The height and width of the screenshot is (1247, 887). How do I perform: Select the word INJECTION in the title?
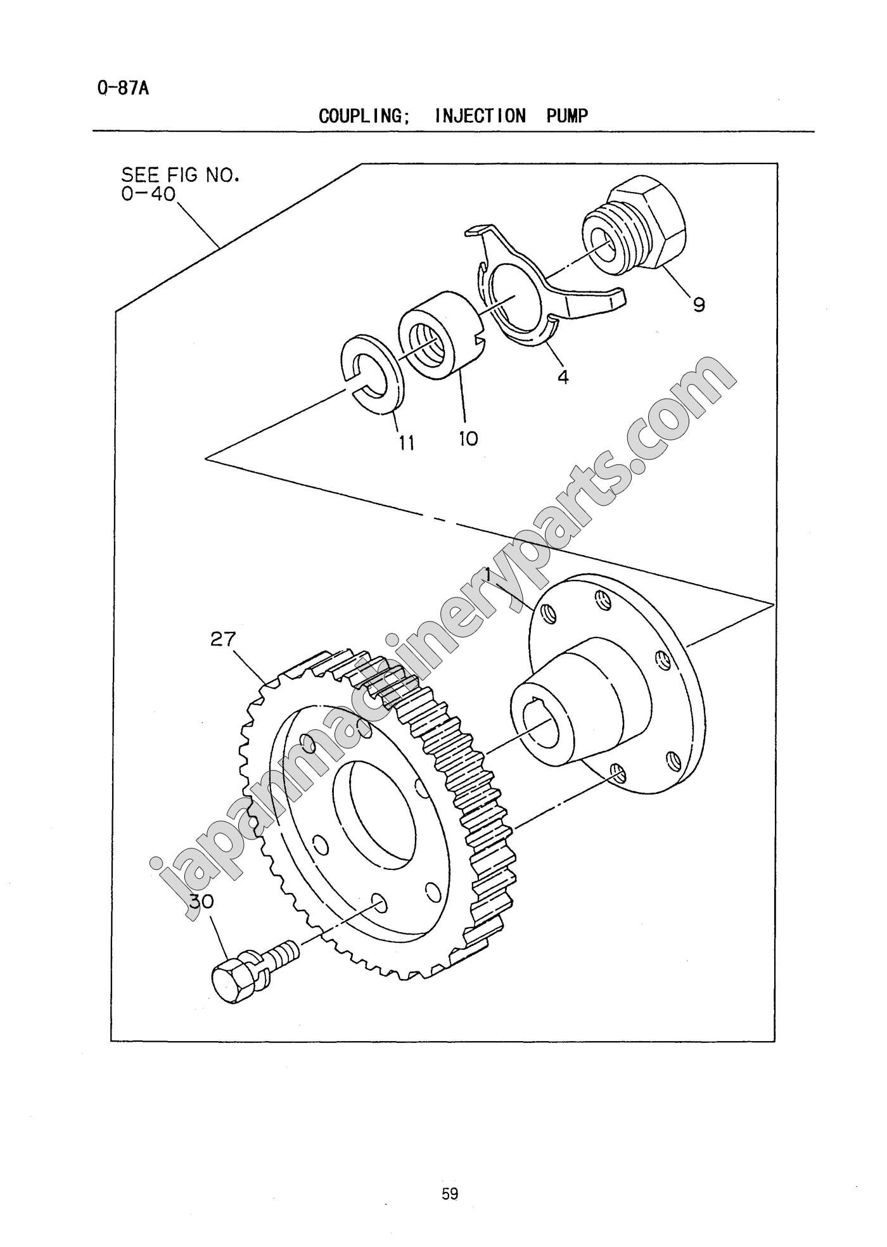click(x=481, y=116)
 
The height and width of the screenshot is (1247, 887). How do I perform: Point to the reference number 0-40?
click(x=148, y=194)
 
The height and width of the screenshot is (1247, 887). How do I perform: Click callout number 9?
click(x=698, y=305)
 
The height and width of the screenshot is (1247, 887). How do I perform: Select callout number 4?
click(x=563, y=377)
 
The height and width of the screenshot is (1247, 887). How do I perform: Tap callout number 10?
click(x=468, y=438)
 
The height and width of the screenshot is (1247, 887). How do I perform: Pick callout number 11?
click(x=406, y=442)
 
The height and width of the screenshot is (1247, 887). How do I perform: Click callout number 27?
click(x=222, y=639)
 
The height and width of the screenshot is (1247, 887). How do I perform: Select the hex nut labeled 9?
click(x=634, y=229)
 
